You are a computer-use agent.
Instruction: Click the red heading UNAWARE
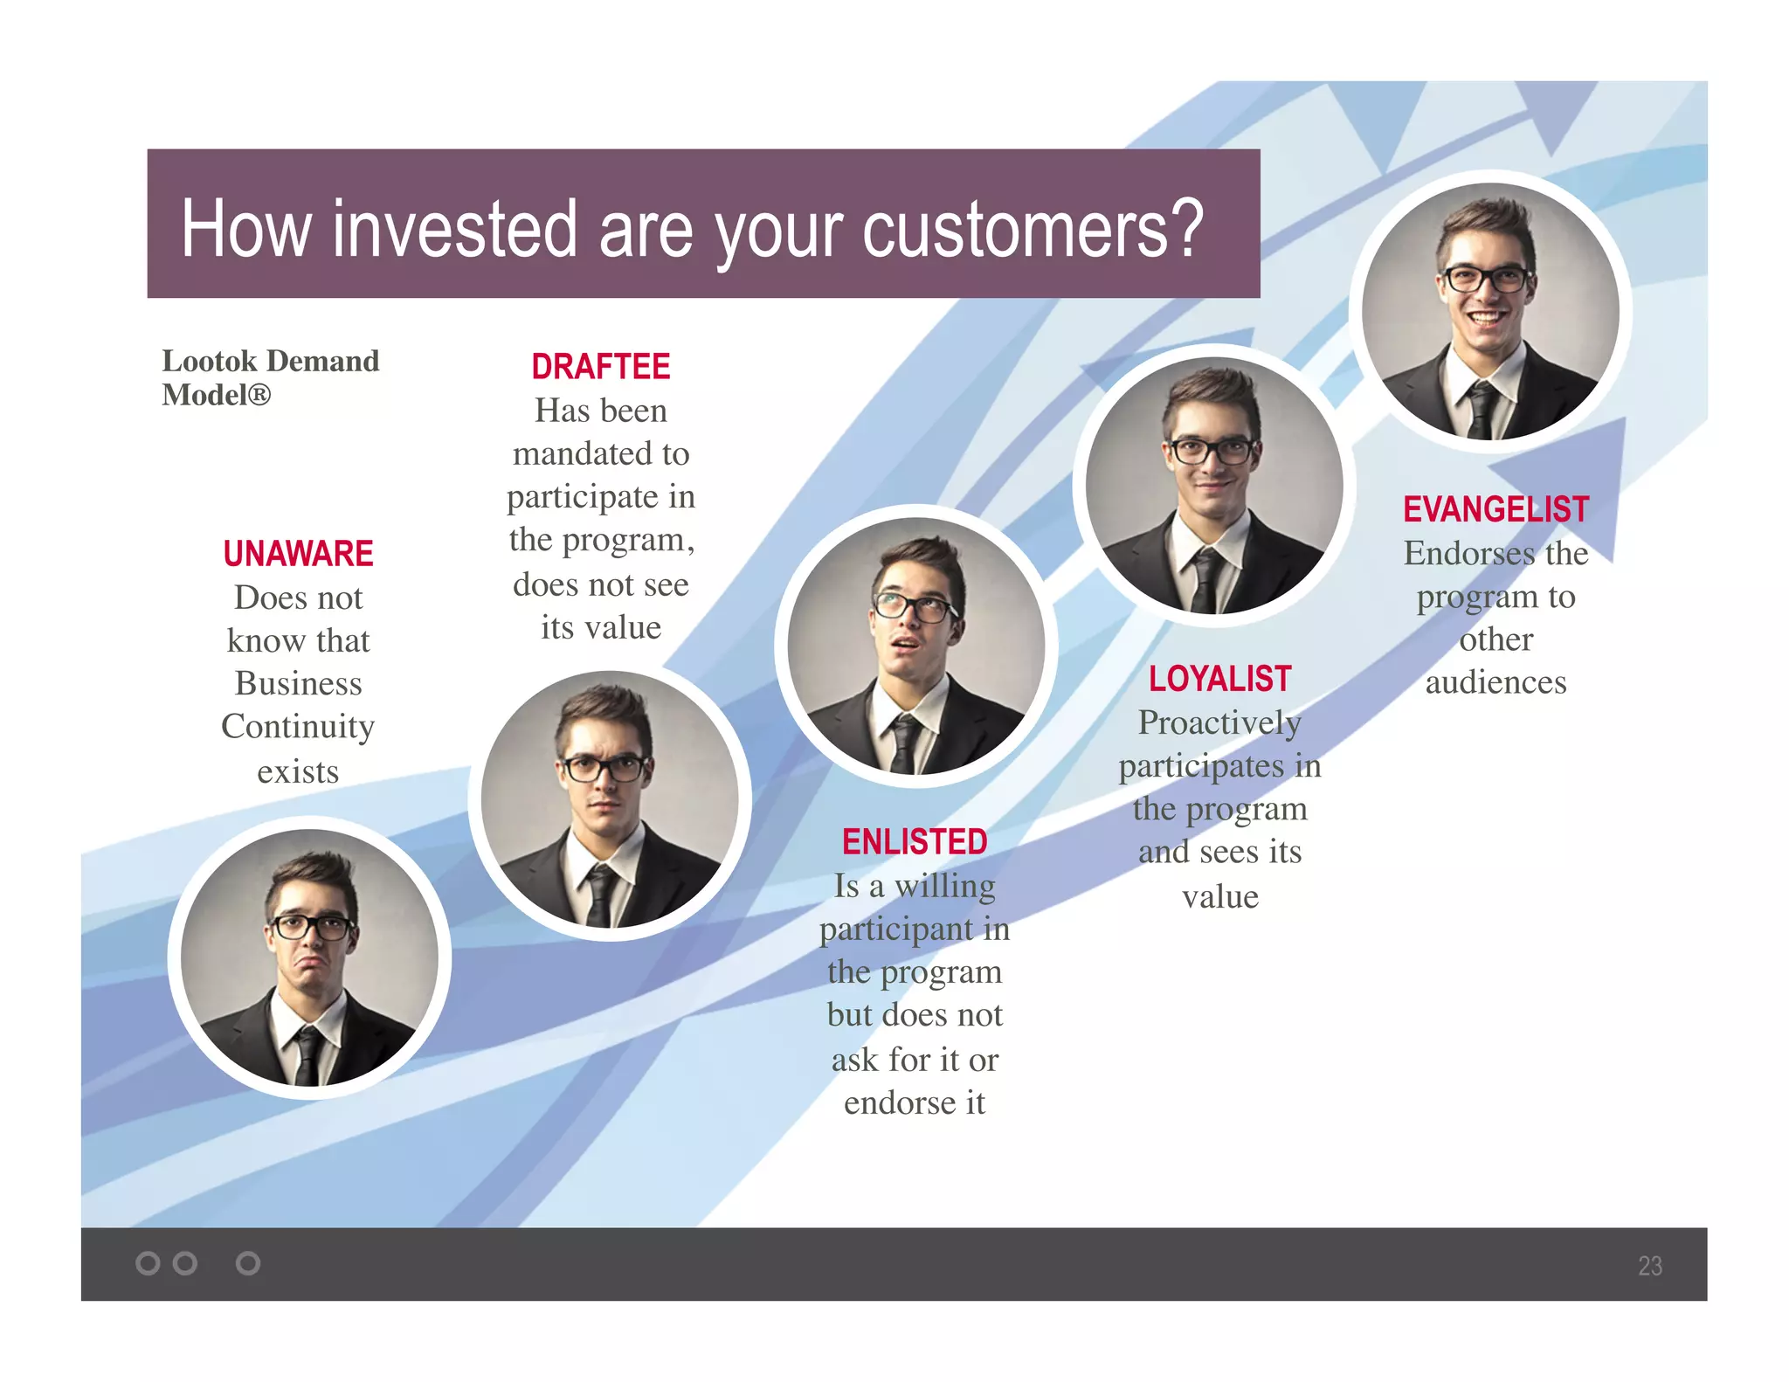pyautogui.click(x=298, y=554)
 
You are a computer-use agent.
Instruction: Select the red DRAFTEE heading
pyautogui.click(x=601, y=367)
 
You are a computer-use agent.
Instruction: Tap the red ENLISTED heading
pyautogui.click(x=915, y=842)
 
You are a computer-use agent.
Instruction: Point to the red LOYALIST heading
pyautogui.click(x=1219, y=679)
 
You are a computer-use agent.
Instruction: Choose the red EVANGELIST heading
pyautogui.click(x=1495, y=509)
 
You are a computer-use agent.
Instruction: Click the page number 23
pyautogui.click(x=1649, y=1266)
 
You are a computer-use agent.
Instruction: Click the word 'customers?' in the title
pyautogui.click(x=1033, y=229)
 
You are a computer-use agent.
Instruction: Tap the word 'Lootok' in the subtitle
pyautogui.click(x=210, y=361)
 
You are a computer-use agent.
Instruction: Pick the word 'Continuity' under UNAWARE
pyautogui.click(x=298, y=727)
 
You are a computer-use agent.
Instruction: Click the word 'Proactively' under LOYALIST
pyautogui.click(x=1219, y=723)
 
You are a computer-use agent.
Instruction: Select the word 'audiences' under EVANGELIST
pyautogui.click(x=1495, y=682)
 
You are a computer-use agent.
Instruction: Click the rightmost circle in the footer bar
pyautogui.click(x=248, y=1263)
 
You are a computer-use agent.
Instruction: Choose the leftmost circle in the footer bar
pyautogui.click(x=149, y=1263)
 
